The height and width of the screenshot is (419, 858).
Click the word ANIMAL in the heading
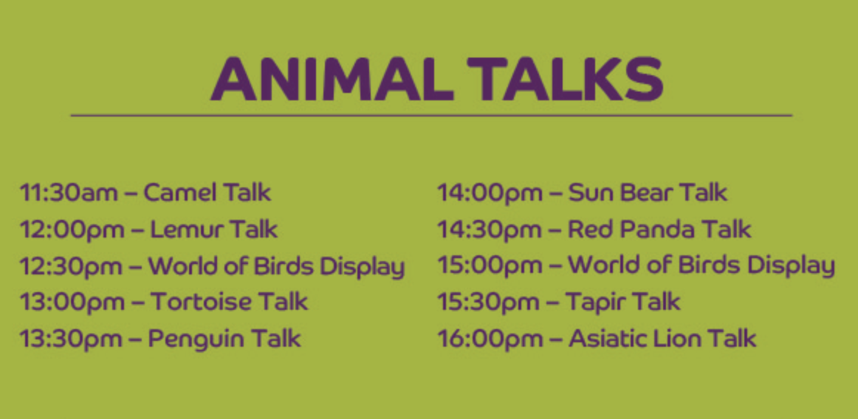pyautogui.click(x=332, y=80)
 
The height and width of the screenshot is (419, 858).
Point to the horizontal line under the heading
pyautogui.click(x=431, y=115)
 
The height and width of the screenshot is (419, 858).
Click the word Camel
pyautogui.click(x=176, y=193)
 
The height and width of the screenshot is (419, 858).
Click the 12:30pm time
pyautogui.click(x=72, y=266)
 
